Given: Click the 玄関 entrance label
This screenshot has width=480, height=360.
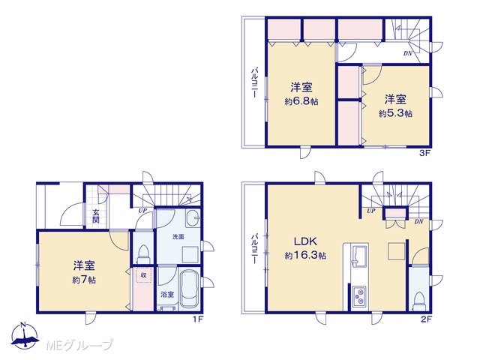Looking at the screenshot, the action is [96, 216].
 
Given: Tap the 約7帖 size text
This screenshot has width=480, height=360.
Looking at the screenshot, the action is [84, 280].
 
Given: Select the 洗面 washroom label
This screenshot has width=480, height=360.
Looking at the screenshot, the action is [178, 237].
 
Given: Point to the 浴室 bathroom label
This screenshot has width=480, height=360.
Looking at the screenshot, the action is [167, 295].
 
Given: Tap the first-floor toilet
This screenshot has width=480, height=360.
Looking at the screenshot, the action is [143, 254].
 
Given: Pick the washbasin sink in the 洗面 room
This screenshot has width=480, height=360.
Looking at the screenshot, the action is [193, 218].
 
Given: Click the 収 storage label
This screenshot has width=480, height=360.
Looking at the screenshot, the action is [143, 275].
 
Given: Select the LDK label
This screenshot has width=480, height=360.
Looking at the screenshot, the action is [305, 241].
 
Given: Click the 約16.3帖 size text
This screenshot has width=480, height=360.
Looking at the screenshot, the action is [305, 255].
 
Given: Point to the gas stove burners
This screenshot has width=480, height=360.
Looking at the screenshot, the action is [358, 296].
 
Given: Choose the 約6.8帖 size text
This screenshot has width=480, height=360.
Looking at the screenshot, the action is [301, 101].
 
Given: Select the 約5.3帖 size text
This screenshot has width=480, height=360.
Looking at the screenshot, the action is [395, 113].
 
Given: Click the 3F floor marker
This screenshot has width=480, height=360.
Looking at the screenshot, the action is [424, 153].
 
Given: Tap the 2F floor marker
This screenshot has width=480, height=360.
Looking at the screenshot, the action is [426, 319].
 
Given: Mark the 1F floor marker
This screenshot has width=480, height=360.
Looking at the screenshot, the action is [198, 319].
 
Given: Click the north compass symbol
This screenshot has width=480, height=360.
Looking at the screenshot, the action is [25, 335].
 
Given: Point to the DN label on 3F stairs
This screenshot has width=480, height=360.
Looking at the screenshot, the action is [408, 53].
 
